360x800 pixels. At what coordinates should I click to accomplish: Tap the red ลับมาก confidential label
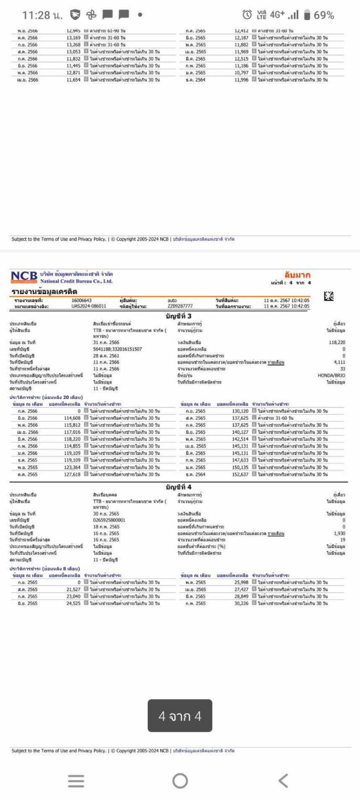pos(296,276)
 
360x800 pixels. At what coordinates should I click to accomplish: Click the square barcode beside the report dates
pos(328,296)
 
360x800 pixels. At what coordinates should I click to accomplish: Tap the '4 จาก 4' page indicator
pos(180,716)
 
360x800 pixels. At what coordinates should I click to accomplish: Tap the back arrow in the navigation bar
pos(283,780)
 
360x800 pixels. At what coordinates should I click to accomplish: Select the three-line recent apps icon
pos(76,780)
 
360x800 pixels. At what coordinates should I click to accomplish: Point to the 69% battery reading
pos(324,15)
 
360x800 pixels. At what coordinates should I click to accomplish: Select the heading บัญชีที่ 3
pos(179,316)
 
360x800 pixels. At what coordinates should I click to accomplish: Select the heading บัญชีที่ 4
pos(179,486)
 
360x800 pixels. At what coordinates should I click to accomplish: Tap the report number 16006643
pos(82,300)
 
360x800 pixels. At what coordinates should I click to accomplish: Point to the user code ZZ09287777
pos(180,306)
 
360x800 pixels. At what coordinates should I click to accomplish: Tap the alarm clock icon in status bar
pos(247,15)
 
